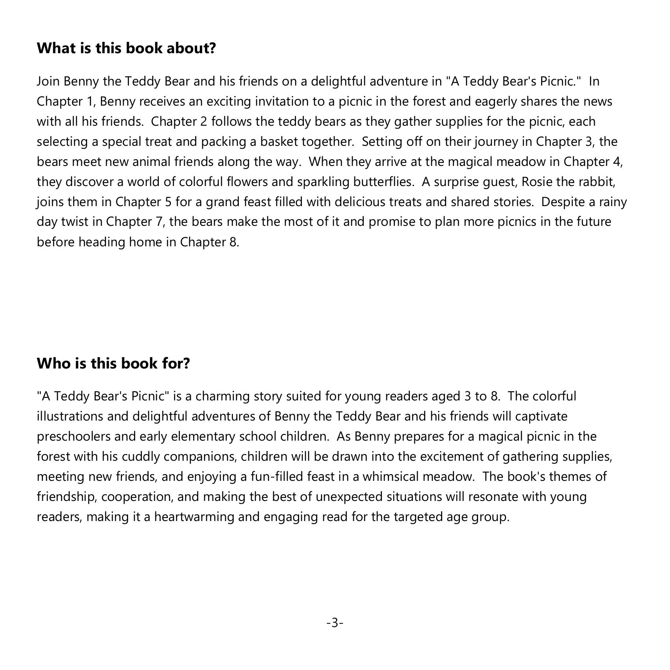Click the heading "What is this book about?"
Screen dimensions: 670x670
tap(126, 48)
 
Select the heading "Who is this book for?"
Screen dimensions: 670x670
tap(113, 363)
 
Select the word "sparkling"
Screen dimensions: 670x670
tap(323, 182)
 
